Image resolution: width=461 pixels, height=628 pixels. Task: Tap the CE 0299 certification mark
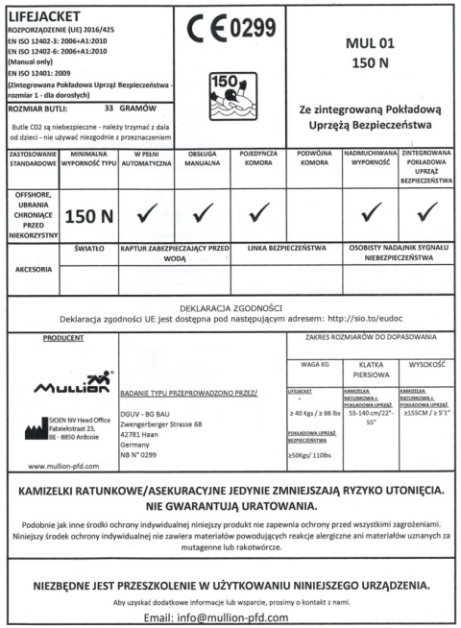click(x=230, y=32)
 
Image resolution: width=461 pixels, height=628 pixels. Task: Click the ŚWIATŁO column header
click(x=88, y=248)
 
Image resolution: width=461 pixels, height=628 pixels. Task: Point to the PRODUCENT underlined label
click(x=62, y=339)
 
